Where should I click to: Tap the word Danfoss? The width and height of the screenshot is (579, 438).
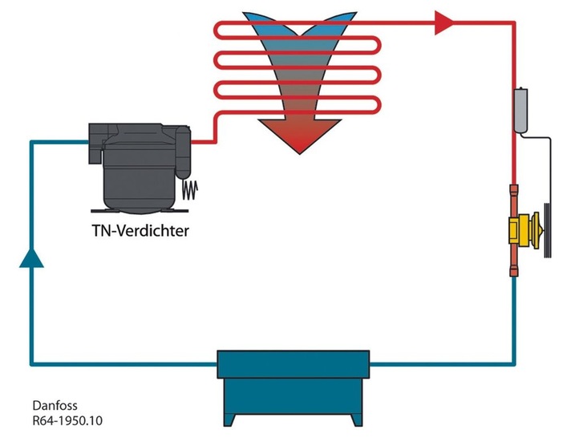pyautogui.click(x=55, y=406)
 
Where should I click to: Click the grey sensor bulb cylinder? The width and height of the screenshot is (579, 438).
pyautogui.click(x=520, y=109)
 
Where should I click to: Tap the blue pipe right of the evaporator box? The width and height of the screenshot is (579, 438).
pyautogui.click(x=441, y=363)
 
